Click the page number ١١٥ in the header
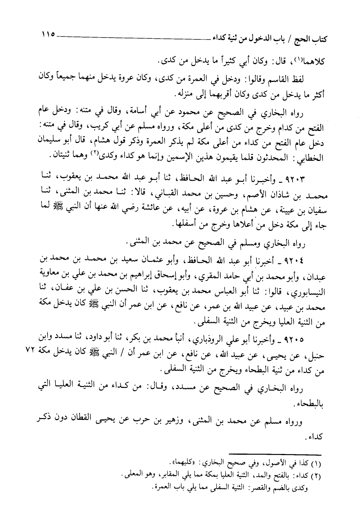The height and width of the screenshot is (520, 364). pos(46,34)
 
